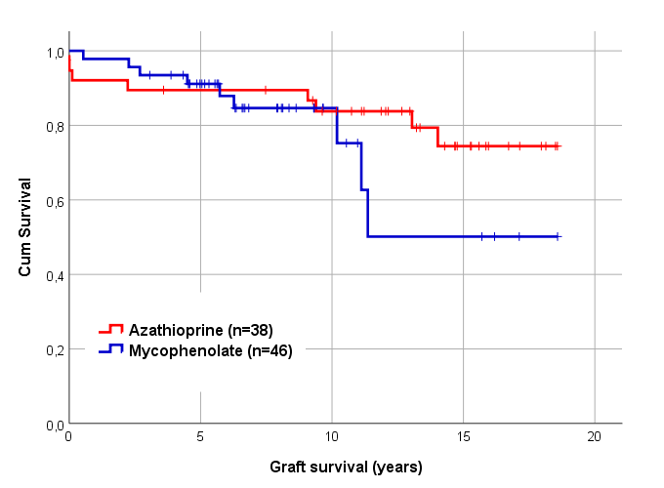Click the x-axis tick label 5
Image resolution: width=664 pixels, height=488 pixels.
point(200,438)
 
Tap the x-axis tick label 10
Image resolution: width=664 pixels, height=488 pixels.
point(332,438)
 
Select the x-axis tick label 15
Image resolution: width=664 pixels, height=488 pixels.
point(464,438)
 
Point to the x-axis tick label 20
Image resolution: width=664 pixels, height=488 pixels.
point(596,438)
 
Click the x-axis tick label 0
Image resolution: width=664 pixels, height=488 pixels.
point(68,438)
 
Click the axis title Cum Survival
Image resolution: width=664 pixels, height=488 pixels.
point(26,226)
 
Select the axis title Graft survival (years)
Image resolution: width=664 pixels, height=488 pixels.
point(346,467)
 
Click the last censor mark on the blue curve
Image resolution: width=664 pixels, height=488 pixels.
point(557,236)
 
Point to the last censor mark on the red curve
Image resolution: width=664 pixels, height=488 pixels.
point(556,146)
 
